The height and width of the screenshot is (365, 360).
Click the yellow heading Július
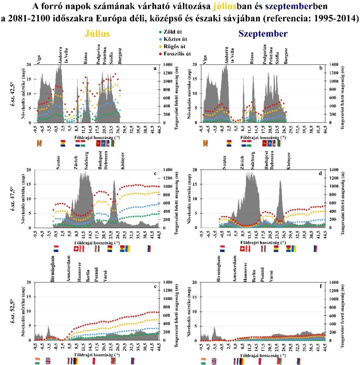[x=97, y=34]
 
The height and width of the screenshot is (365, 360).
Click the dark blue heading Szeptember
[x=263, y=34]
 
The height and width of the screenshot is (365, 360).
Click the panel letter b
[x=320, y=68]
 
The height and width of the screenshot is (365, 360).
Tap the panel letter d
[x=320, y=174]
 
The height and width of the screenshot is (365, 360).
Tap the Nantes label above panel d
[x=225, y=162]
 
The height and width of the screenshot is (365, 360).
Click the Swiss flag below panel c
[x=75, y=248]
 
